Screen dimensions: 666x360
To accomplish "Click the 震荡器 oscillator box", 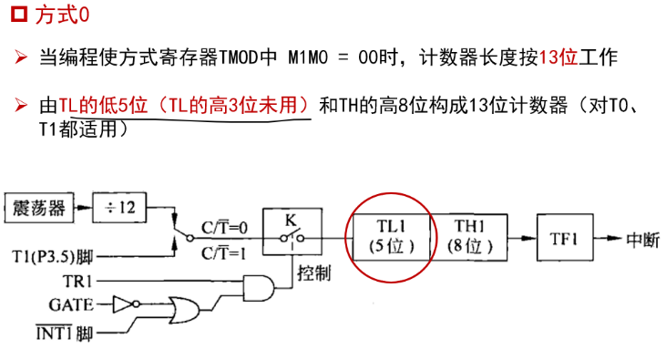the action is tap(39, 208).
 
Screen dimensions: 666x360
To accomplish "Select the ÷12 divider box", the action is tap(119, 208).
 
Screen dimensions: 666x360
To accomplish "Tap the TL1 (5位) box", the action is tap(391, 237).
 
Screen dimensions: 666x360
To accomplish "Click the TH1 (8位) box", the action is tap(469, 237).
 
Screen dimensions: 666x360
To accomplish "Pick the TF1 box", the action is tap(565, 237).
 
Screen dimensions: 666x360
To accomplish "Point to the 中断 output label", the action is tap(643, 240).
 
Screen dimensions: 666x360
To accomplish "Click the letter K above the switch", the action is tap(291, 221).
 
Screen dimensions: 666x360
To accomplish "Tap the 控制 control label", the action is tap(314, 273).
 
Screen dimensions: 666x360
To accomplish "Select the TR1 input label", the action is tap(77, 281).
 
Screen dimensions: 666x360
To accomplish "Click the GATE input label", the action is tap(71, 304).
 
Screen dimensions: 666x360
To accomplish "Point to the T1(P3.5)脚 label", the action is tap(53, 256).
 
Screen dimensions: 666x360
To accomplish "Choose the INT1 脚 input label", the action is tap(64, 333).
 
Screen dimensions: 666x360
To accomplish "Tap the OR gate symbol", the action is tap(184, 310).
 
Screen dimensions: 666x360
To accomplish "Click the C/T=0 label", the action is tap(224, 228).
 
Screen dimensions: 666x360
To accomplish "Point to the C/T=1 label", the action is tap(223, 253).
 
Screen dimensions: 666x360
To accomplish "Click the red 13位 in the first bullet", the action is tap(558, 57).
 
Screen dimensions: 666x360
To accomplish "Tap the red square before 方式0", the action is tap(19, 14).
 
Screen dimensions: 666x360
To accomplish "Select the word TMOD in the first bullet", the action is tap(239, 57).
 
